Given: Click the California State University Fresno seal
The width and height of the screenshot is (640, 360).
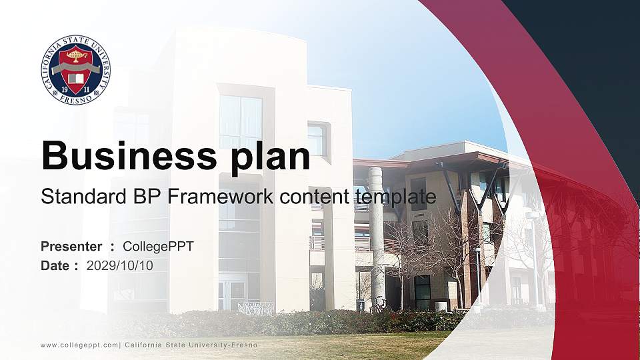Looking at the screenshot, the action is pyautogui.click(x=75, y=69).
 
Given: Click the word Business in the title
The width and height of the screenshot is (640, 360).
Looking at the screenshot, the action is pyautogui.click(x=129, y=155).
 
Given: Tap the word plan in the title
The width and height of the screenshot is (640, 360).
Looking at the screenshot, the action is pyautogui.click(x=270, y=157).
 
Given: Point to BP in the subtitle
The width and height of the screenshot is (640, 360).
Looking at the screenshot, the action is pyautogui.click(x=147, y=196).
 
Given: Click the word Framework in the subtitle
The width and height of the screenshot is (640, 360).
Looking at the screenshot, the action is pyautogui.click(x=221, y=196).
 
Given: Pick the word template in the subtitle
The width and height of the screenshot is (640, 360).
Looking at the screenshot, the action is pyautogui.click(x=395, y=197).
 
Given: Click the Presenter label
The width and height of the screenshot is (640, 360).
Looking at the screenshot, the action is pyautogui.click(x=71, y=247).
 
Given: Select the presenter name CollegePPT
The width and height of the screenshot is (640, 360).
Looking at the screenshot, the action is pyautogui.click(x=159, y=247).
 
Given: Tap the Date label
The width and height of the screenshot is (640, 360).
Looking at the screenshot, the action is pyautogui.click(x=55, y=266).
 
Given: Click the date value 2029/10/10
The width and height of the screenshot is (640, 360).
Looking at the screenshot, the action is pyautogui.click(x=120, y=266).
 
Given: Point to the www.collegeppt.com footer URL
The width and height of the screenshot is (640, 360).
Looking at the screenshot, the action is pyautogui.click(x=79, y=345).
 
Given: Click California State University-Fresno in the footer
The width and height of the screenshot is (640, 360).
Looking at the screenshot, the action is pyautogui.click(x=191, y=345).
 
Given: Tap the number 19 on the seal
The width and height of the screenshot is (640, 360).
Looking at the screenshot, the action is pyautogui.click(x=65, y=89).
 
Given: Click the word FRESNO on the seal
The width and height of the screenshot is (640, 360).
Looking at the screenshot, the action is pyautogui.click(x=76, y=99).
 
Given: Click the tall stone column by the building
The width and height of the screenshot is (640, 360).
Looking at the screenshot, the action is pyautogui.click(x=376, y=237).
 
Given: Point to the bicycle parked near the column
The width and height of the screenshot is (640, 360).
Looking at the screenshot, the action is pyautogui.click(x=379, y=304).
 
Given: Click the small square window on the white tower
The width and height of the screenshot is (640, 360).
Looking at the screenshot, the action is pyautogui.click(x=319, y=139).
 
